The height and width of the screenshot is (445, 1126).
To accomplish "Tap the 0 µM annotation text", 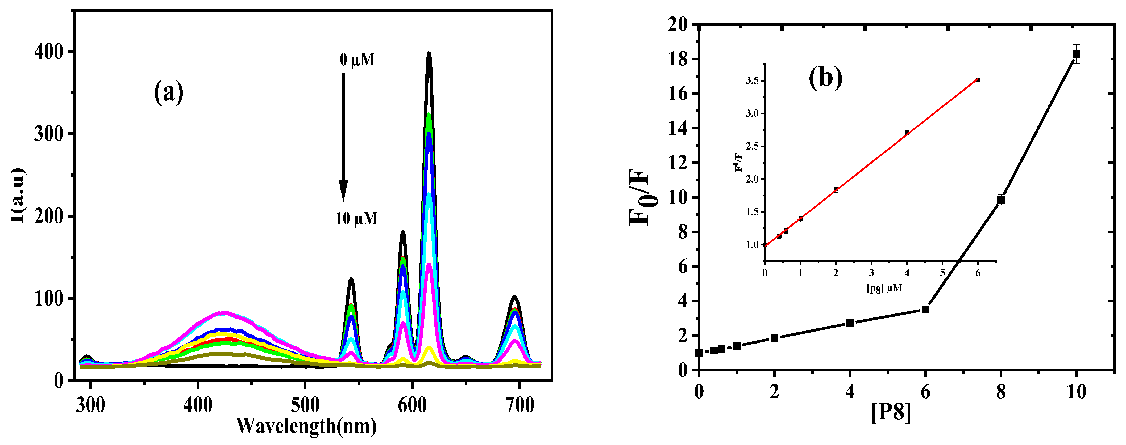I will [x=357, y=60].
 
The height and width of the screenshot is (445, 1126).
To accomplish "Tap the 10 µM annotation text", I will [x=356, y=218].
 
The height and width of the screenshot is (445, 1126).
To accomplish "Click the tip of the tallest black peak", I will [x=429, y=53].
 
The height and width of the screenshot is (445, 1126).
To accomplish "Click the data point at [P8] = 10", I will [x=1076, y=54].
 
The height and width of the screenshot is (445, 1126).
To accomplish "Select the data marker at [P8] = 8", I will [x=1000, y=200].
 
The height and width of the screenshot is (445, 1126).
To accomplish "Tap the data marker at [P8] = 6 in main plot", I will [x=925, y=309].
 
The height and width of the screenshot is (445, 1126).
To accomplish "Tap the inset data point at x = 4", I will [x=907, y=133].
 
